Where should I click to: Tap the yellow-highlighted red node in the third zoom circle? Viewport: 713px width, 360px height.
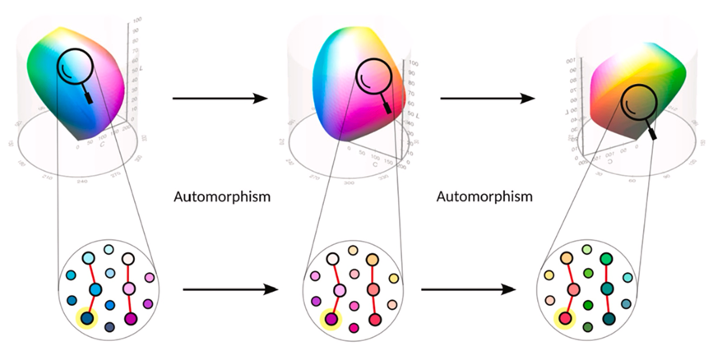[x=564, y=318]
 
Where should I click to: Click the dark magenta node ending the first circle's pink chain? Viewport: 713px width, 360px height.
[x=129, y=318]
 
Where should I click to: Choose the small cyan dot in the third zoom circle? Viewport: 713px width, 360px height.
[x=627, y=279]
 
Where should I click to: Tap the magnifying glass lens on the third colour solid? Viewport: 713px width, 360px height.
[x=634, y=103]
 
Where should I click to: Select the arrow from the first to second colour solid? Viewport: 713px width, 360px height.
[x=220, y=99]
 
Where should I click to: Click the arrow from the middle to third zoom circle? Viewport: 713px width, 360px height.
[x=468, y=289]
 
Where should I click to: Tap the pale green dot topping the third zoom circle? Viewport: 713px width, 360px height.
[x=586, y=249]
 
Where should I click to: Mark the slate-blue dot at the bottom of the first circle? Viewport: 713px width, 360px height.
[x=109, y=327]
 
